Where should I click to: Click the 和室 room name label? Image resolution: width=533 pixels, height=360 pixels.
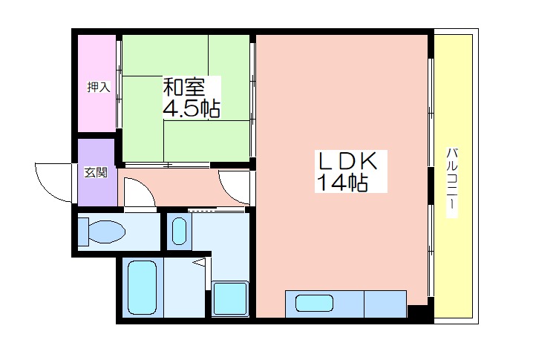tap(184, 87)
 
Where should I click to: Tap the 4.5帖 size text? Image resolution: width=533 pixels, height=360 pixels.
tap(192, 108)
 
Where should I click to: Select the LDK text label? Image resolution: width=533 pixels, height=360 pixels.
tap(347, 160)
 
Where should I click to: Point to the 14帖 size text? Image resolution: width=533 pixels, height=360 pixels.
tap(342, 183)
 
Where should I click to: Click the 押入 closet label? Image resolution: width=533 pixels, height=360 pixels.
tap(99, 87)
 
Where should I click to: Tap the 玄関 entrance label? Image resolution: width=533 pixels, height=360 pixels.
tap(96, 172)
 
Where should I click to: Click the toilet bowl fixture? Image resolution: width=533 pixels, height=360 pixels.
tap(101, 232)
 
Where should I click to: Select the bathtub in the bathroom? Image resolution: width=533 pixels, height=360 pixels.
tap(142, 287)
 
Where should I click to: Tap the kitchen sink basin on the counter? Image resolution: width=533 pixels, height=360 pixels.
tap(314, 304)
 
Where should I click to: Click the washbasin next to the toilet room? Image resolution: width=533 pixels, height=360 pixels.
tap(179, 231)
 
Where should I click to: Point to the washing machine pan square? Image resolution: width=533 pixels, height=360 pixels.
tap(230, 298)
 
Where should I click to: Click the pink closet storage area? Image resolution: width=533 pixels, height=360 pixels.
tap(97, 83)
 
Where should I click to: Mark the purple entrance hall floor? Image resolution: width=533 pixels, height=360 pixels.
tap(97, 172)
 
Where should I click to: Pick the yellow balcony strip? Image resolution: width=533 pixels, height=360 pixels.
tap(454, 176)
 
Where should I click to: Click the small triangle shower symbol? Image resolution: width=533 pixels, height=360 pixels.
tap(200, 263)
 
